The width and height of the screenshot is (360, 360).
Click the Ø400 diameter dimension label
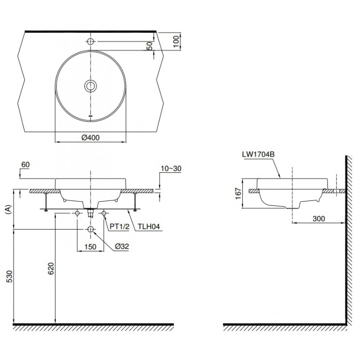coord(90,138)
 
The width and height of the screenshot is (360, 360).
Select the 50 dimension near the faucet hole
coord(150,46)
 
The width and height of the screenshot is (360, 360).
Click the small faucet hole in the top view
coord(91,40)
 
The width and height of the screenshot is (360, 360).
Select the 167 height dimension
coord(238,193)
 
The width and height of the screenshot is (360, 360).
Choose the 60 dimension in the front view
coord(26,165)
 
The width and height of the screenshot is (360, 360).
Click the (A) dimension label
coord(8,210)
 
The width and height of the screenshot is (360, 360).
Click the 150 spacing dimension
coord(90,247)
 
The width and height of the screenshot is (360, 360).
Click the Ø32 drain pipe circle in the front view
coord(90,229)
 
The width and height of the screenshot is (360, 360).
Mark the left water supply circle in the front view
coord(77,214)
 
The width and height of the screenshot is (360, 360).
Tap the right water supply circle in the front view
coord(104,214)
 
